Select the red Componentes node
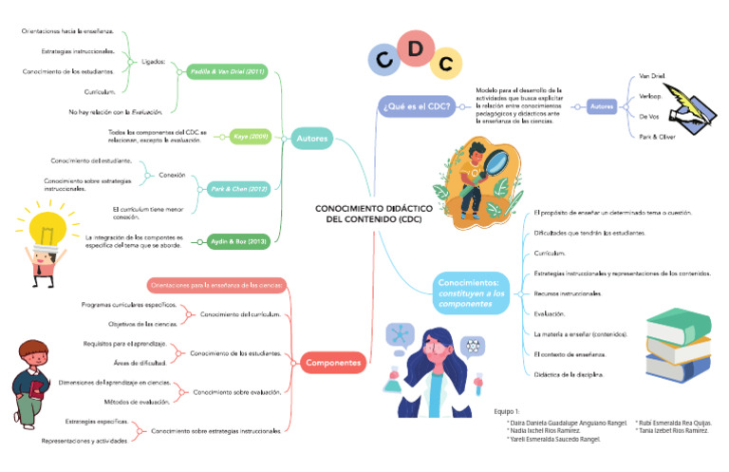[332, 362]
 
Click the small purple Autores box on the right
[602, 105]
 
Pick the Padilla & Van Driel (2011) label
[228, 71]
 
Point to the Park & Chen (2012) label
[238, 188]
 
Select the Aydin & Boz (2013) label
[238, 241]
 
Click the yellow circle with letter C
[445, 64]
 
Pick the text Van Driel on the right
[651, 74]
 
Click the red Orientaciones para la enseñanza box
[216, 284]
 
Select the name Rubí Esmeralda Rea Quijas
[674, 423]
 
